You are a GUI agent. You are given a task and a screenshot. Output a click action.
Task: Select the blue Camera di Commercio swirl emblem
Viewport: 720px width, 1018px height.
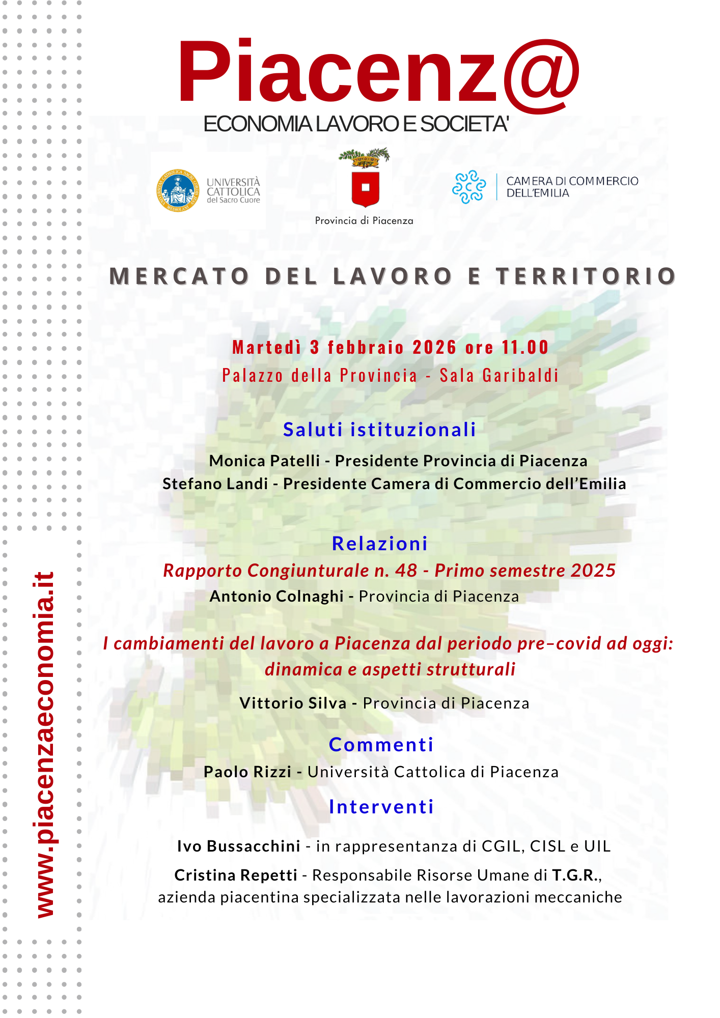(x=468, y=187)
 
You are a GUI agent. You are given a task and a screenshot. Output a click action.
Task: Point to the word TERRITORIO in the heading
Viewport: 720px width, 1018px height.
(x=586, y=276)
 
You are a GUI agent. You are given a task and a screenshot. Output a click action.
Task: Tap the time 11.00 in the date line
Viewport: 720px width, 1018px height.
(x=525, y=348)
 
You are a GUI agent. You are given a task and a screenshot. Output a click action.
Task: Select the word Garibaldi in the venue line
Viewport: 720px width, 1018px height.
(x=520, y=376)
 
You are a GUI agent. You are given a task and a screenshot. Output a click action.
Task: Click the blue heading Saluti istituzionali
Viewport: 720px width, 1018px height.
(x=380, y=430)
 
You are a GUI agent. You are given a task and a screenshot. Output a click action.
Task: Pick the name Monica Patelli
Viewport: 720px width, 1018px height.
(x=264, y=461)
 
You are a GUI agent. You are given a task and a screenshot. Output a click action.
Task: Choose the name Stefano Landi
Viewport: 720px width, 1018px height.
(x=215, y=484)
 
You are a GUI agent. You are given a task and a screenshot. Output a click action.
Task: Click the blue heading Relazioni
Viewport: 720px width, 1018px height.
(x=380, y=544)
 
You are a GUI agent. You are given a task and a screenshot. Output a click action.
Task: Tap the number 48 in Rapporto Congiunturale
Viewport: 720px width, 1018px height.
(x=406, y=571)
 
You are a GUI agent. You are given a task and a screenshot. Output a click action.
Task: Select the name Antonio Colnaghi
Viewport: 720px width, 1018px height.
(x=276, y=596)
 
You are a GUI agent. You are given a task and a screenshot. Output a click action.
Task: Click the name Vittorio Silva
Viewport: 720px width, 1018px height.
(x=293, y=703)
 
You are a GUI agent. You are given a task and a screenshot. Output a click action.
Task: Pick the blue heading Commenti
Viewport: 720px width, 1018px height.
(x=381, y=745)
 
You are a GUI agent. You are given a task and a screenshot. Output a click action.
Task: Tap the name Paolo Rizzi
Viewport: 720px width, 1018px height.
(x=247, y=772)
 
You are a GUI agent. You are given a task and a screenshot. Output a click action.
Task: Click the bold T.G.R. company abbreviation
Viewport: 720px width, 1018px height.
(x=575, y=875)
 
